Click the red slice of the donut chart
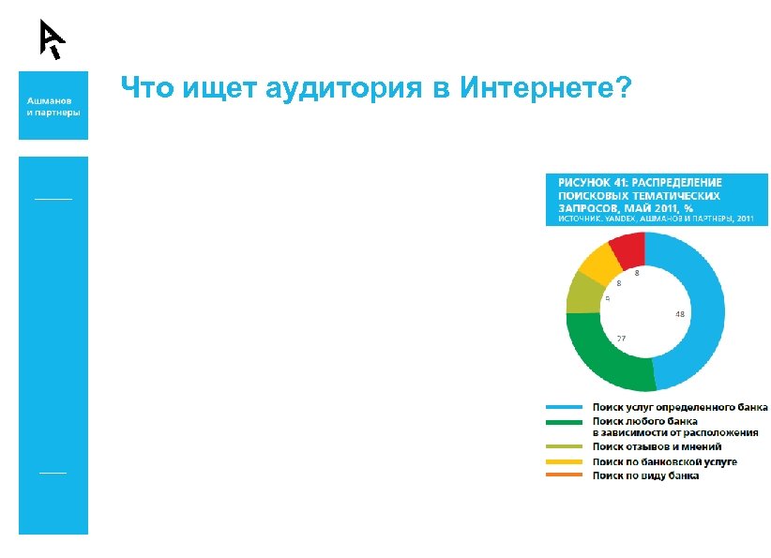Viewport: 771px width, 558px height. click(x=627, y=248)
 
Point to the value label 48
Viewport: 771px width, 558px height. click(x=678, y=315)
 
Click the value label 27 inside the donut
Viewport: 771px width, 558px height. click(x=621, y=337)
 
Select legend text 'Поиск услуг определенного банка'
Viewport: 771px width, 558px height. click(x=679, y=407)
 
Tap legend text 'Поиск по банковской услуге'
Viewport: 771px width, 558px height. click(x=663, y=461)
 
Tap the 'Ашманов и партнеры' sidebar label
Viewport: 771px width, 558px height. click(x=53, y=105)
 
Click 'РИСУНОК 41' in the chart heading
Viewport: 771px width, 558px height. click(x=594, y=180)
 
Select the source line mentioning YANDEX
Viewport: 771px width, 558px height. click(x=656, y=219)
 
